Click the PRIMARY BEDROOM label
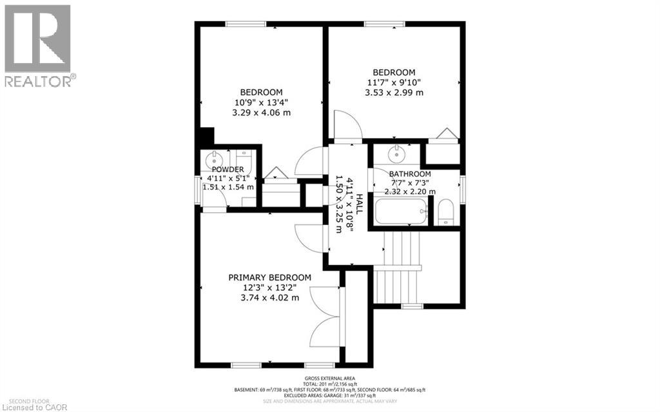pyautogui.click(x=269, y=277)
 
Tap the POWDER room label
pyautogui.click(x=228, y=169)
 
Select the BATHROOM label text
pyautogui.click(x=410, y=174)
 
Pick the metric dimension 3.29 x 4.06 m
pyautogui.click(x=261, y=112)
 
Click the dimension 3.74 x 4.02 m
pyautogui.click(x=269, y=297)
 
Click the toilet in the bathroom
pyautogui.click(x=445, y=212)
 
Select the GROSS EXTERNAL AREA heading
pyautogui.click(x=329, y=378)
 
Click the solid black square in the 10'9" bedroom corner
pyautogui.click(x=206, y=137)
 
